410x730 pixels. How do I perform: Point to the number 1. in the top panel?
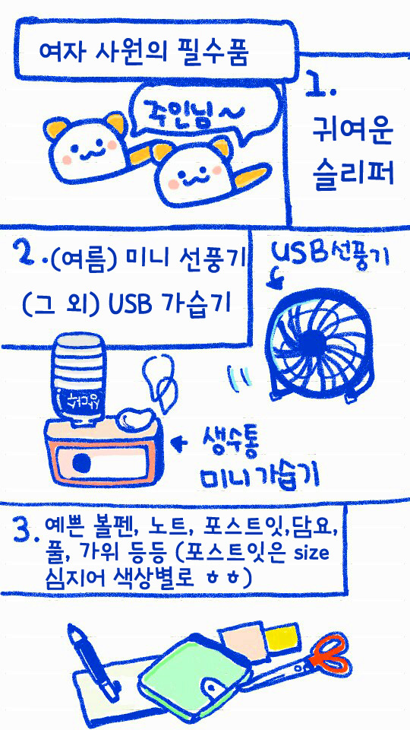320,86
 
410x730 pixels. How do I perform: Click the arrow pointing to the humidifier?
180,441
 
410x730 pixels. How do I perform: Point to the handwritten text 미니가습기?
258,478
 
